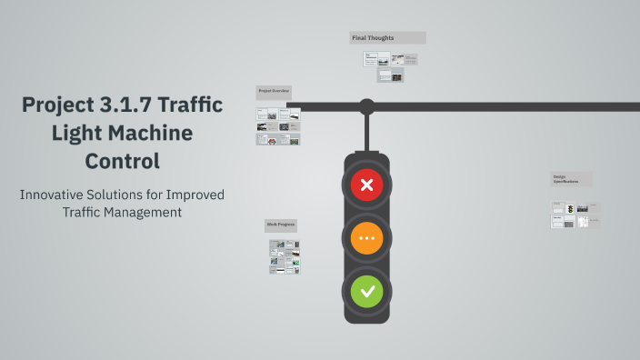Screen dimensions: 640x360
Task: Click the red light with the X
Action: point(367,186)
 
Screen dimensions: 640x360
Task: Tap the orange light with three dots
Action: point(367,239)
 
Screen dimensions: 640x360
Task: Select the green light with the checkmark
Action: point(367,292)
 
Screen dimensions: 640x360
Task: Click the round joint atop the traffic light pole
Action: point(366,106)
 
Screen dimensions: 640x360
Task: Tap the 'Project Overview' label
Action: point(274,92)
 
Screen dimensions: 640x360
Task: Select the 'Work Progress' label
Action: point(281,225)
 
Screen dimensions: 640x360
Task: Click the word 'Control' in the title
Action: point(122,162)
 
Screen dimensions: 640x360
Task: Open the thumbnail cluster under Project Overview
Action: point(278,127)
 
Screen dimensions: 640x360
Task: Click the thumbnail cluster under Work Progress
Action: point(285,256)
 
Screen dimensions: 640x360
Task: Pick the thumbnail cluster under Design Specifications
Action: point(570,215)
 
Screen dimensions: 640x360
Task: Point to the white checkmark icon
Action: point(367,292)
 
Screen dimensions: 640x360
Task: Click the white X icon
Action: point(367,186)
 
